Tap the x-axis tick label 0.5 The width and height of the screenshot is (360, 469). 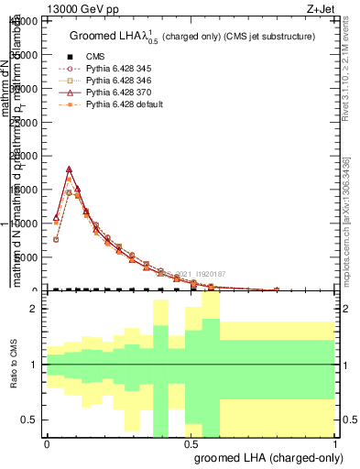tap(191, 443)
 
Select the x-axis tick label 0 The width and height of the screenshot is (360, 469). tap(47, 443)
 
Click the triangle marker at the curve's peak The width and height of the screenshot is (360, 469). tap(69, 169)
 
